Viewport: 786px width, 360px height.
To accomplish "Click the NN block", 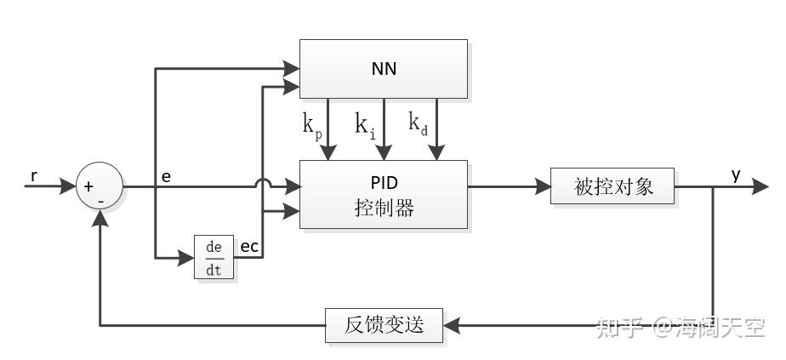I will click(383, 68).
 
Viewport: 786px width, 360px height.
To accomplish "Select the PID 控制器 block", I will click(383, 194).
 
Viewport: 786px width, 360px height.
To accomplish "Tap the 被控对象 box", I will click(613, 186).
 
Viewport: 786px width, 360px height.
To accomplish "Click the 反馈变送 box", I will click(384, 325).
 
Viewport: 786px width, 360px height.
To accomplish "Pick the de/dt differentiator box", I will click(214, 256).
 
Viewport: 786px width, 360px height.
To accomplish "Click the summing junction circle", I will click(100, 186).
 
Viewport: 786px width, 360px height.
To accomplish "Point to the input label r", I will click(34, 176).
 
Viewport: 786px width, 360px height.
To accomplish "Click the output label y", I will click(736, 174).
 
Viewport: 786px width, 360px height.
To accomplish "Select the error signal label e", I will click(166, 176).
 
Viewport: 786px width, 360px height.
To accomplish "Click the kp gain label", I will click(312, 125).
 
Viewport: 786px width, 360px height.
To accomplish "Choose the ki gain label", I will click(364, 125).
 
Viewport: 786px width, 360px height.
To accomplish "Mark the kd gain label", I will click(419, 124).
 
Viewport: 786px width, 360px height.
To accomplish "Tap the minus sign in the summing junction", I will click(101, 200).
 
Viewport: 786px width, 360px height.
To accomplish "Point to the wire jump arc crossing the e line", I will click(263, 182).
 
